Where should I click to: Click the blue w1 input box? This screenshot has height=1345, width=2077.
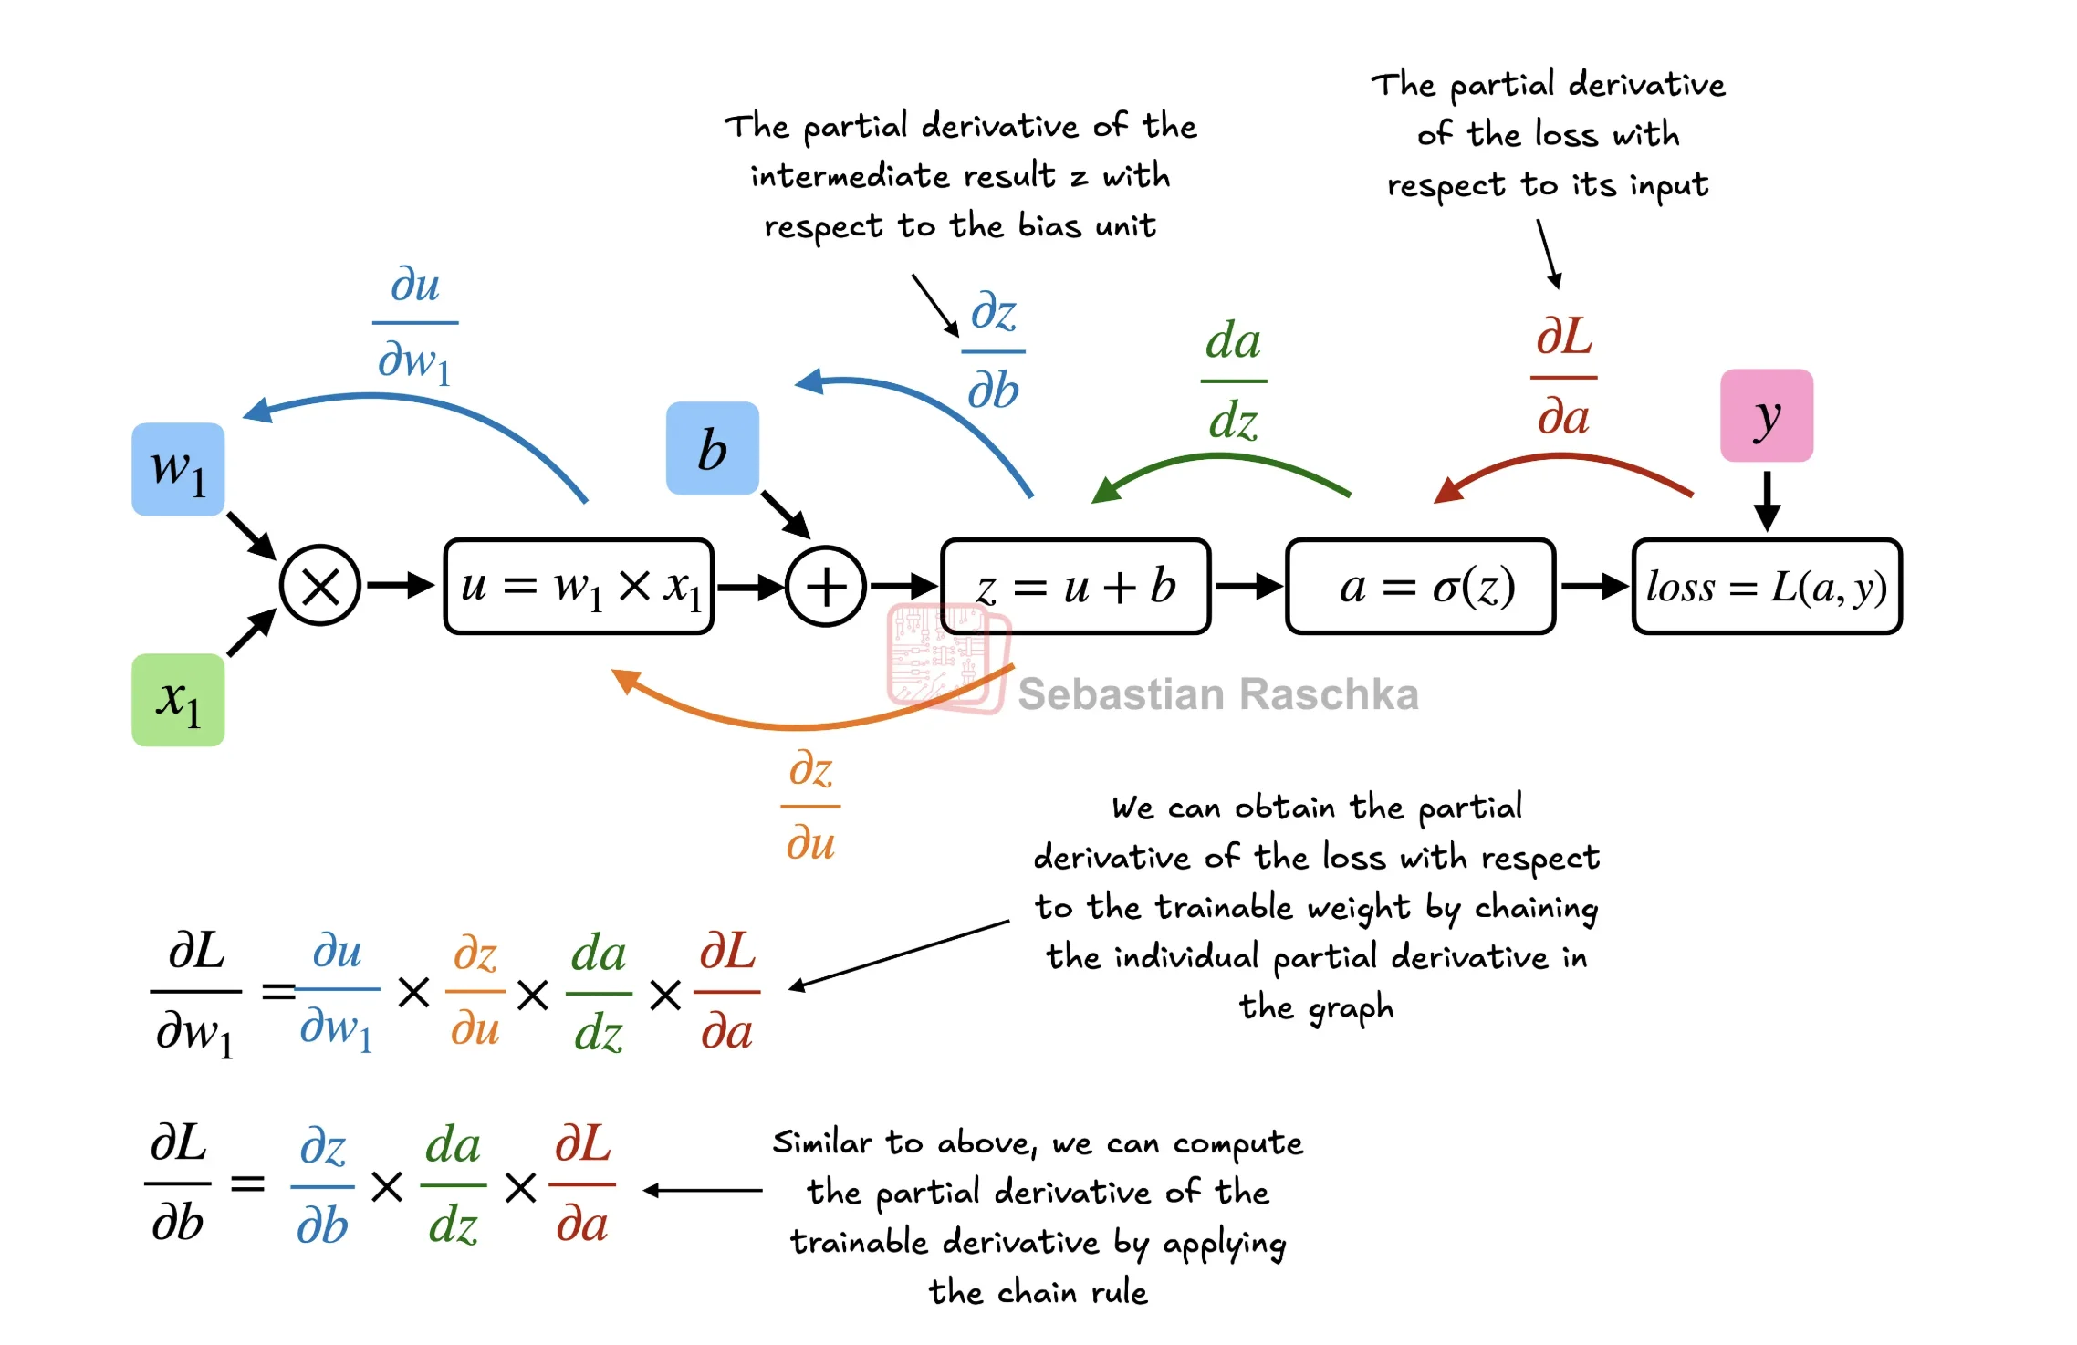coord(178,469)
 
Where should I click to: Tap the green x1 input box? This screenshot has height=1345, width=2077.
coord(178,700)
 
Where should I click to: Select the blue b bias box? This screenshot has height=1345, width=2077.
coord(712,448)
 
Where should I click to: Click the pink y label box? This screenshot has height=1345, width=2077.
coord(1766,415)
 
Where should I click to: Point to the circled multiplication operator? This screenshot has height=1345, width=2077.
coord(320,586)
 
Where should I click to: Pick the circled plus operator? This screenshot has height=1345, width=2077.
coord(826,586)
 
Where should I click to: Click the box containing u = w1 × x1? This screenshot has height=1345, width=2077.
coord(579,586)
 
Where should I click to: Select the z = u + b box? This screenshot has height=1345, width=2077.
coord(1075,586)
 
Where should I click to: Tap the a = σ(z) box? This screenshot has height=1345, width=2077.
coord(1420,586)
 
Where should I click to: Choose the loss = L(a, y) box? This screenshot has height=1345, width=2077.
coord(1766,586)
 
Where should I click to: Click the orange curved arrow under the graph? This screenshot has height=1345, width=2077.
coord(803,725)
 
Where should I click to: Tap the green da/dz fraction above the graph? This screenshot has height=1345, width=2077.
coord(1233,380)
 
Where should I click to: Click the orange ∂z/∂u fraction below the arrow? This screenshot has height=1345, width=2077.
coord(810,806)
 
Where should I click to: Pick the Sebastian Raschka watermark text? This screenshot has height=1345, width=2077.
coord(1217,694)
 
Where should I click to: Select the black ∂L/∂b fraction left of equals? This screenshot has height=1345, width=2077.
coord(178,1183)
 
